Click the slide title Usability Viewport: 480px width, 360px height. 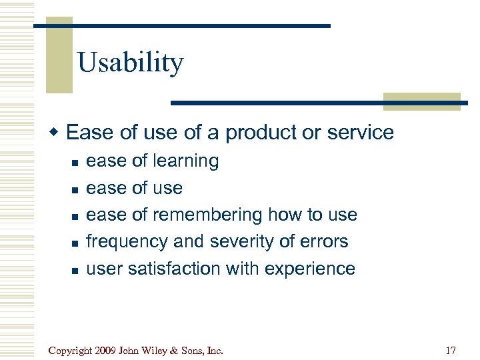130,63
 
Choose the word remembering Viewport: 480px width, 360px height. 207,215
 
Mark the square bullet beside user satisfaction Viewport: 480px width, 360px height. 75,270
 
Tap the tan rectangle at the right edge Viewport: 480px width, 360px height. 421,101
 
